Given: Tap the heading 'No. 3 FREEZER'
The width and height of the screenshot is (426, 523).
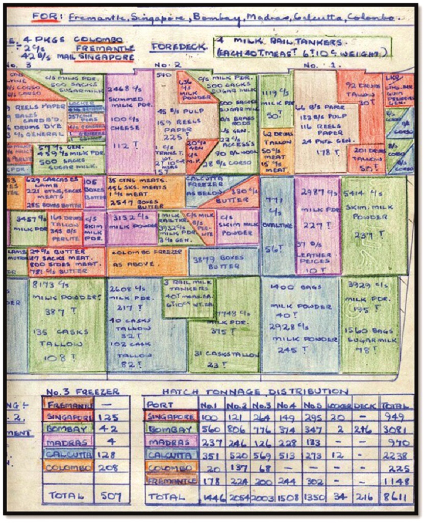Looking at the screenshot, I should [83, 392].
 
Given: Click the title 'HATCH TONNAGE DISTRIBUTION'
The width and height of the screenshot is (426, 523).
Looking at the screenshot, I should [255, 392].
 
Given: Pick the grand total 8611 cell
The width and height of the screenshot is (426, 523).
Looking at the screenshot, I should [396, 496].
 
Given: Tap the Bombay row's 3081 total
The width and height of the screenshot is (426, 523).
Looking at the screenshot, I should [396, 430].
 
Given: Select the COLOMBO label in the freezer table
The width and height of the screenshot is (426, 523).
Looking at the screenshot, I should [67, 467].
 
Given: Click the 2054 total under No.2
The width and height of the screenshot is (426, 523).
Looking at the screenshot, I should [239, 496].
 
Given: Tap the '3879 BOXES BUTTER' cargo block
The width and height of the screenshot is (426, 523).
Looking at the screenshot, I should [223, 261].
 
